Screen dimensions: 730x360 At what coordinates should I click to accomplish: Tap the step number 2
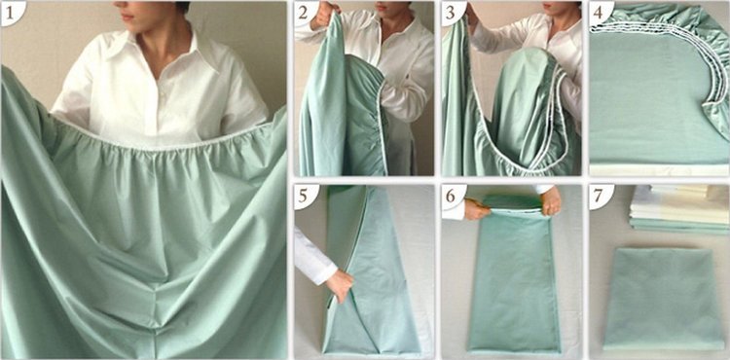(x=303, y=12)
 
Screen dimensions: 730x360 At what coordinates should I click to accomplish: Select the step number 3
(x=450, y=12)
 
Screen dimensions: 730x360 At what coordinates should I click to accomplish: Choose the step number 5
(x=303, y=195)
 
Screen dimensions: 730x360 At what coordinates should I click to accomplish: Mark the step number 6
(x=451, y=195)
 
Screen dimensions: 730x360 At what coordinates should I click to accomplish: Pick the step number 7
(x=598, y=195)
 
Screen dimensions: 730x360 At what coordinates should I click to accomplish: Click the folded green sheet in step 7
(x=664, y=299)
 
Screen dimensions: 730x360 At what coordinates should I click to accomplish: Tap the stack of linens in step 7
(x=679, y=209)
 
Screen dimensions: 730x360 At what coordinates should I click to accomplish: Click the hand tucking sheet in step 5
(x=340, y=285)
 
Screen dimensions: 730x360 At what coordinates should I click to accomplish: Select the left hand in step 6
(x=477, y=209)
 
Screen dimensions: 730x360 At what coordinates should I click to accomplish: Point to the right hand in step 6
(x=552, y=201)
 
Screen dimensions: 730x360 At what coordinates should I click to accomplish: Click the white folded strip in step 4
(x=659, y=169)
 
